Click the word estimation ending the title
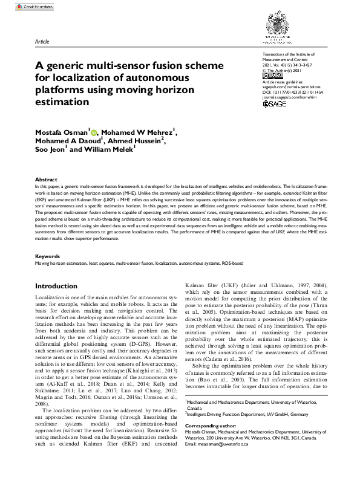[62, 102]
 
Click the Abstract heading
[46, 180]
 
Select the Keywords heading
[47, 256]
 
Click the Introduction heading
[60, 286]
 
